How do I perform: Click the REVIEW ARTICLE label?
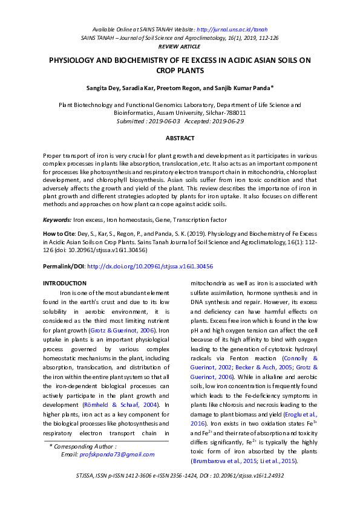[x=180, y=46]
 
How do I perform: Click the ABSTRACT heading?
[x=180, y=138]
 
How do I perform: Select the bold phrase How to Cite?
[x=59, y=232]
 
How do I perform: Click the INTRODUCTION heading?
[x=65, y=284]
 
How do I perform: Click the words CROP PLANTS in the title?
[x=180, y=71]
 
